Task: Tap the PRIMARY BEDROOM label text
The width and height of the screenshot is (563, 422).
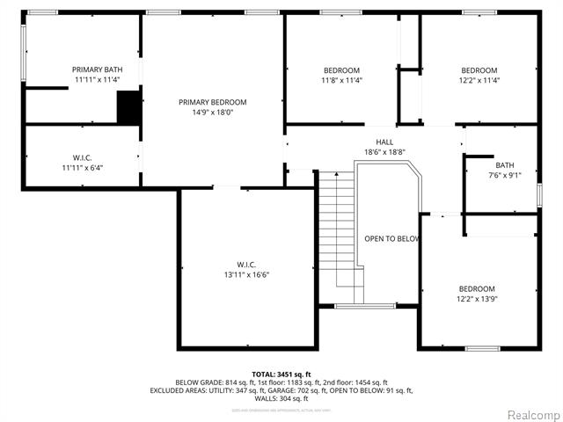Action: (212, 102)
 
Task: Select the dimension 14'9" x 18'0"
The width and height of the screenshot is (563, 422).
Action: (212, 113)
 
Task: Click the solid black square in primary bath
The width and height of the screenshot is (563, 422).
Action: (128, 108)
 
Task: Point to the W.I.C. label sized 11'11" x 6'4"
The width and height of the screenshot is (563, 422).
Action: (83, 157)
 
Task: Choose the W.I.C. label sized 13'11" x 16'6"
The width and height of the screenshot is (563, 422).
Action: (246, 264)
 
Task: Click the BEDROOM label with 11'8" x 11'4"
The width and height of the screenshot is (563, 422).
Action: (341, 70)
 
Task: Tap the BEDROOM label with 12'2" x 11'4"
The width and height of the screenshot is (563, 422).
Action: (479, 70)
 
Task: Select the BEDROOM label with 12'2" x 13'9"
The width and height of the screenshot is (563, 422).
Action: (477, 288)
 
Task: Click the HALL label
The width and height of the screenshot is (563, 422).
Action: (384, 142)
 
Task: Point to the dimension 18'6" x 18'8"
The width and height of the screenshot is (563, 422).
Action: (384, 152)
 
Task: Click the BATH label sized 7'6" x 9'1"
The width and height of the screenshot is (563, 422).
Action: (504, 164)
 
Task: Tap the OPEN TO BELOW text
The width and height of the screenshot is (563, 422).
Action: (391, 238)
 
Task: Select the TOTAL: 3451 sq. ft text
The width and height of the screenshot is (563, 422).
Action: (281, 374)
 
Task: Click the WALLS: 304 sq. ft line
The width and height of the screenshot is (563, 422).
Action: (281, 398)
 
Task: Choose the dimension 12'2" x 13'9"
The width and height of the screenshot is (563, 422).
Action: (477, 299)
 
